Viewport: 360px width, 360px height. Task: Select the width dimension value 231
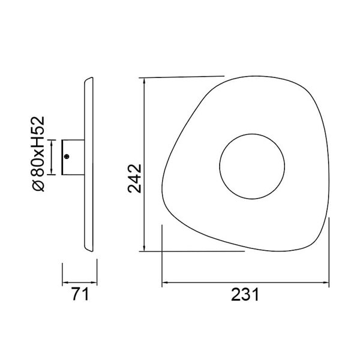coord(246,295)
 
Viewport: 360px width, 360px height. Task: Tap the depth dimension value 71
coord(81,294)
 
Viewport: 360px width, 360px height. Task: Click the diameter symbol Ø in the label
coord(39,185)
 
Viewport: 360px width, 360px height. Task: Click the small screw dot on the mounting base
coord(67,157)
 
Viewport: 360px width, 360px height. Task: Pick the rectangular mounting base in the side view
coord(74,157)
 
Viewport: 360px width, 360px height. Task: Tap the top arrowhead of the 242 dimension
coord(144,81)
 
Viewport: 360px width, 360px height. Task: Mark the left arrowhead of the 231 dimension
coord(165,282)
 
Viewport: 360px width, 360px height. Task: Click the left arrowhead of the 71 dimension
coord(65,281)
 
